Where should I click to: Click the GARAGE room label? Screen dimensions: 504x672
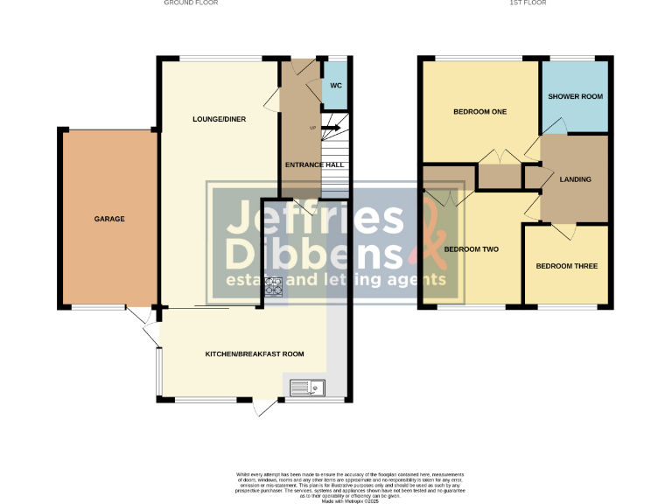click(109, 219)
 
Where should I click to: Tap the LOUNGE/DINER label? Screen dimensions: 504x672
click(219, 118)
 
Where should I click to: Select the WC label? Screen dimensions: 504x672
click(336, 85)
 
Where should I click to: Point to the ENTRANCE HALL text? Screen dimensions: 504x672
click(314, 164)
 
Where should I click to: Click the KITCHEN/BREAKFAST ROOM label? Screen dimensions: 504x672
click(255, 353)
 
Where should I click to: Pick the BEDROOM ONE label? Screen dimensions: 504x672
click(479, 112)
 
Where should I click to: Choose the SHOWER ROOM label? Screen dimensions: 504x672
click(575, 96)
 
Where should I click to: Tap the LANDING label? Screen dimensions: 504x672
click(575, 179)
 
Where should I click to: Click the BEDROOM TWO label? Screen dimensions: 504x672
click(471, 249)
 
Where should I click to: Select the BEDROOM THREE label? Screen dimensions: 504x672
click(567, 266)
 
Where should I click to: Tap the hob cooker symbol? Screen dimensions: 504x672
click(274, 285)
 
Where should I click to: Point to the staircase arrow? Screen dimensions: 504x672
click(330, 129)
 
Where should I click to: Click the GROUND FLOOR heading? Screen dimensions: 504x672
click(191, 3)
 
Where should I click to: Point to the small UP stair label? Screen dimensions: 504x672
click(312, 129)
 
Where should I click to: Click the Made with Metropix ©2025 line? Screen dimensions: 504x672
click(349, 501)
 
